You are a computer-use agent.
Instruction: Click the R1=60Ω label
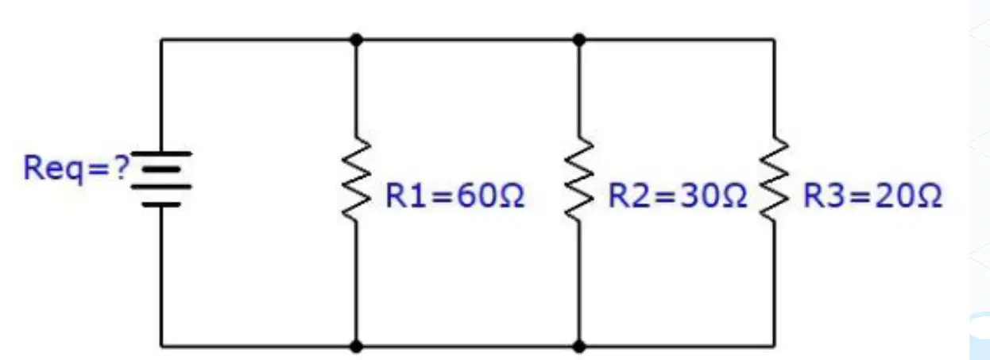pos(454,195)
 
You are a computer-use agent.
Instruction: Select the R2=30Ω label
pos(678,195)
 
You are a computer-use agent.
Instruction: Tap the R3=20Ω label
pos(872,195)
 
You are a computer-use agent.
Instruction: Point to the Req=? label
pos(76,168)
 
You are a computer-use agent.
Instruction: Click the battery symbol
pos(161,179)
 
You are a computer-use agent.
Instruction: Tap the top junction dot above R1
pos(356,40)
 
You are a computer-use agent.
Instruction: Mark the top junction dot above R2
pos(579,40)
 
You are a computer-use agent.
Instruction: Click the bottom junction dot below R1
pos(356,346)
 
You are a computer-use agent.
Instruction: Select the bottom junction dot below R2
pos(579,346)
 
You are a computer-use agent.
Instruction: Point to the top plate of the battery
pos(161,153)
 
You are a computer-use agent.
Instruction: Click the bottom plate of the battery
pos(161,205)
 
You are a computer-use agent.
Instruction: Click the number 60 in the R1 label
pos(476,195)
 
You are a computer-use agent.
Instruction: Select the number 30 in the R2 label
pos(698,195)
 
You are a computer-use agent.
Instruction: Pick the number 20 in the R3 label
pos(894,195)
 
